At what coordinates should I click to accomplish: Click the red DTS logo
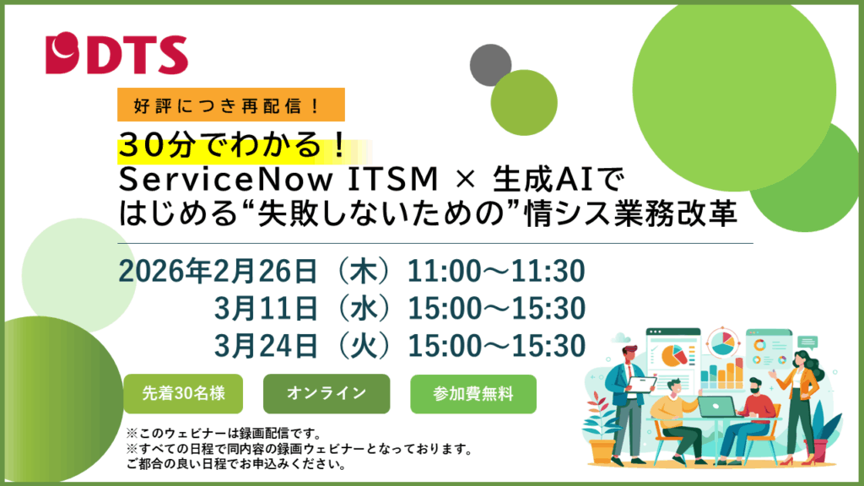tap(116, 53)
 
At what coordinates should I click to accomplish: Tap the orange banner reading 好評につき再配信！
tap(231, 105)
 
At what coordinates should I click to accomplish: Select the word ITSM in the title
tap(393, 179)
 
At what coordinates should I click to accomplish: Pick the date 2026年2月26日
tap(219, 271)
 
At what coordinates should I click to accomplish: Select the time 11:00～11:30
tap(496, 271)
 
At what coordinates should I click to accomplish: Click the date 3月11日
tap(266, 308)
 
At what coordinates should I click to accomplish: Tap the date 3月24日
tap(266, 345)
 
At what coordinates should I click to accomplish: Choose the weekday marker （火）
tap(364, 345)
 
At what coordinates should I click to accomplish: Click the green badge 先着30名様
tap(183, 393)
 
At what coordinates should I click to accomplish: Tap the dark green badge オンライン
tap(327, 393)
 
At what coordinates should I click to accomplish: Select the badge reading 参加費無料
tap(473, 393)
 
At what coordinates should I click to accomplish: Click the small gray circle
tap(489, 63)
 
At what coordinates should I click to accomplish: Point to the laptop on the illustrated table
tap(717, 407)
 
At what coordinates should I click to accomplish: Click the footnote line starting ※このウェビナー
tap(224, 433)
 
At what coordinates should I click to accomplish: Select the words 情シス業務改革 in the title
tap(631, 213)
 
